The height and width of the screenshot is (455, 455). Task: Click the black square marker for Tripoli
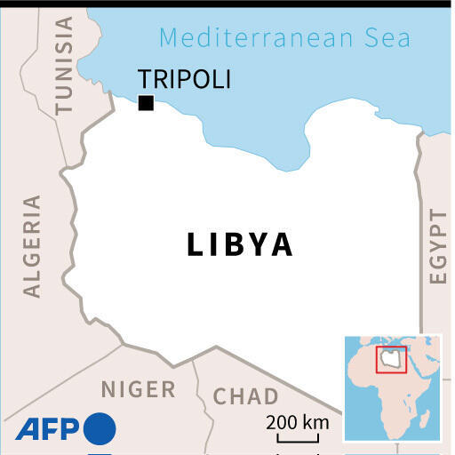[146, 103]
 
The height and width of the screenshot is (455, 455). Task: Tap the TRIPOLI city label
[185, 79]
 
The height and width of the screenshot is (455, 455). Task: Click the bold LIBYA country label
[240, 244]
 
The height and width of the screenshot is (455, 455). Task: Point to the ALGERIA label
[32, 246]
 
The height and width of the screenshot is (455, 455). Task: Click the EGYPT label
[436, 246]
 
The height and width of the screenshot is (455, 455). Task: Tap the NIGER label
[138, 388]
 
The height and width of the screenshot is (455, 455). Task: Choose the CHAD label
[246, 395]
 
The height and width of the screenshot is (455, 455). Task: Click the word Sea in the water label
[388, 38]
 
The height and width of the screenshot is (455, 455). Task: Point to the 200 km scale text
[297, 421]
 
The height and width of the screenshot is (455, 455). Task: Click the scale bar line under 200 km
[297, 438]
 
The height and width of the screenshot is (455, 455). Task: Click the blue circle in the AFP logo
[100, 429]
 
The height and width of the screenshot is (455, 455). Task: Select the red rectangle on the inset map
[391, 359]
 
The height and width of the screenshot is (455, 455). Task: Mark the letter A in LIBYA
[282, 244]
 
